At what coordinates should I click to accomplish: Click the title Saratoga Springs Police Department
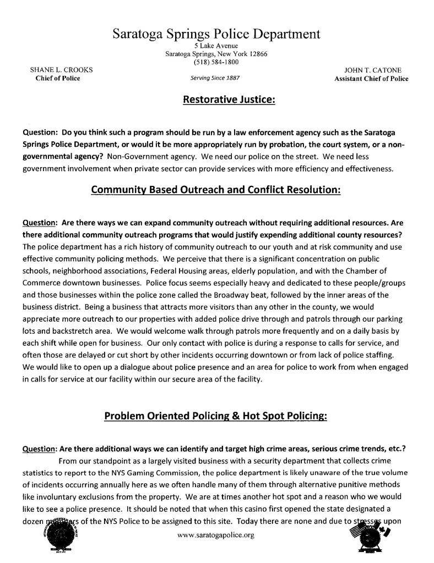point(216,34)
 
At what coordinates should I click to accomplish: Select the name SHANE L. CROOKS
point(61,70)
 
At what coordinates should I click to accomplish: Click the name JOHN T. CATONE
point(372,70)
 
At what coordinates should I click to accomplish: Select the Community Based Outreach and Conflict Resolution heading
point(216,190)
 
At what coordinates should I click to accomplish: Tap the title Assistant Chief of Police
point(371,79)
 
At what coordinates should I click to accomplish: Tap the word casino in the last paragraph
point(266,509)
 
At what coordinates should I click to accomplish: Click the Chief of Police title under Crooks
point(58,79)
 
